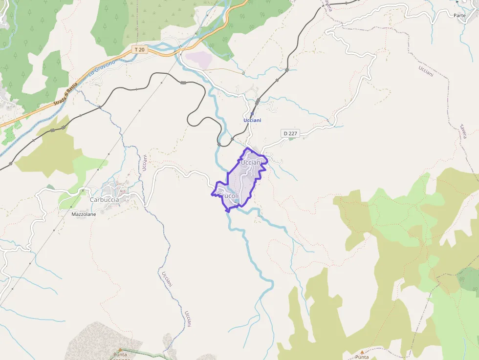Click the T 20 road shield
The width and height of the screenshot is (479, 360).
[139, 49]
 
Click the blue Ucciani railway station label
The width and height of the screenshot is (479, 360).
[252, 120]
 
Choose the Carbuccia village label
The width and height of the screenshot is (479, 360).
[104, 199]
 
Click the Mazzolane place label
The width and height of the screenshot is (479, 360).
[84, 214]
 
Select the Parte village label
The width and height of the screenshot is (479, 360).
[459, 15]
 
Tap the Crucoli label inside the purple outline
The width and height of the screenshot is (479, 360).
[229, 196]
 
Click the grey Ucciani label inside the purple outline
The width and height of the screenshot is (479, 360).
[254, 162]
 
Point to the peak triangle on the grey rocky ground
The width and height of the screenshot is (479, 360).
[119, 349]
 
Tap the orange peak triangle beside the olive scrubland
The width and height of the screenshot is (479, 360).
[362, 351]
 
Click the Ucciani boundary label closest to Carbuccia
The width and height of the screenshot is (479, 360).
[144, 163]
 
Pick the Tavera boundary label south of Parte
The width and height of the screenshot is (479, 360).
[462, 130]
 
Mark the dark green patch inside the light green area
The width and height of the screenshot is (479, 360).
[468, 277]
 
